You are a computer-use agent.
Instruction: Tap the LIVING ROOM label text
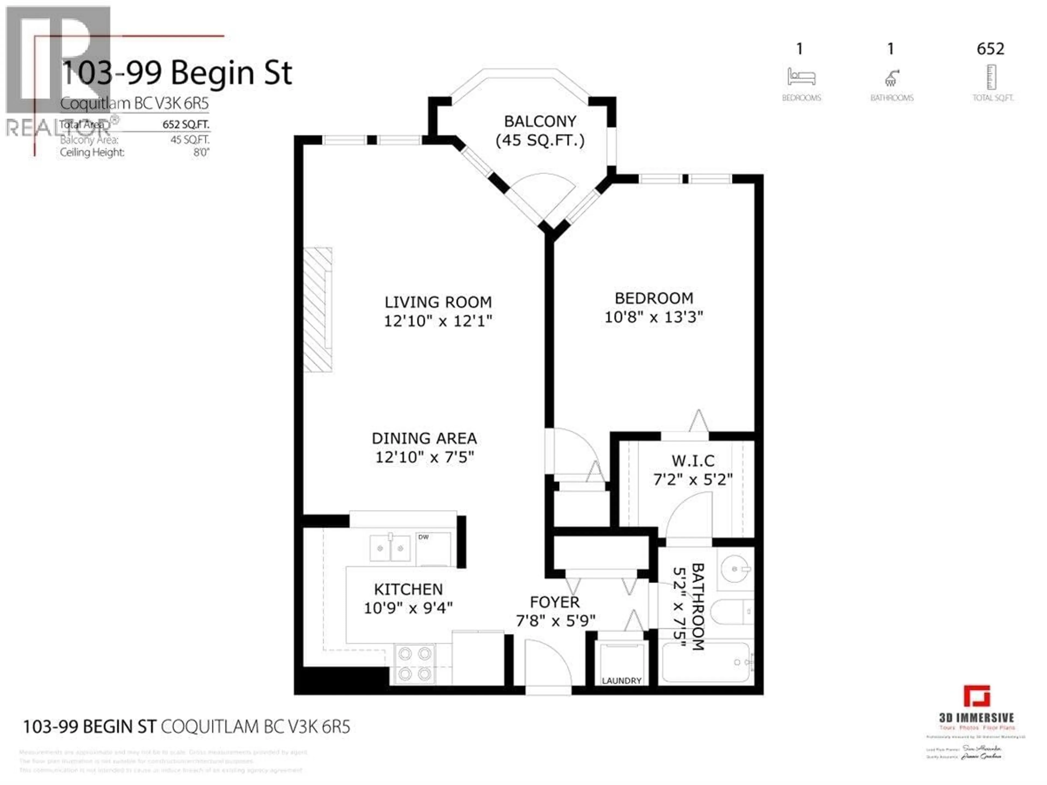pos(438,302)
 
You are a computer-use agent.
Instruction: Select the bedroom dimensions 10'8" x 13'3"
pos(654,317)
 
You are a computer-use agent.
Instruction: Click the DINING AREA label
pos(424,438)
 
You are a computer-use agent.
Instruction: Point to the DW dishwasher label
pos(423,537)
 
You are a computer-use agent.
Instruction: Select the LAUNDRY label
pos(621,680)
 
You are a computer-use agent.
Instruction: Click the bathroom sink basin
pos(735,569)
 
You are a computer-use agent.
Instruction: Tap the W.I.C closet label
pos(693,460)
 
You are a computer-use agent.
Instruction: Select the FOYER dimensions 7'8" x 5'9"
pos(555,620)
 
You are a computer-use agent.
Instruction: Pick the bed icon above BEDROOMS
pos(801,77)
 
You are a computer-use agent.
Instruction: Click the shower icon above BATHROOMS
pos(891,78)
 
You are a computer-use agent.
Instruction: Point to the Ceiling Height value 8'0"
pos(201,152)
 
